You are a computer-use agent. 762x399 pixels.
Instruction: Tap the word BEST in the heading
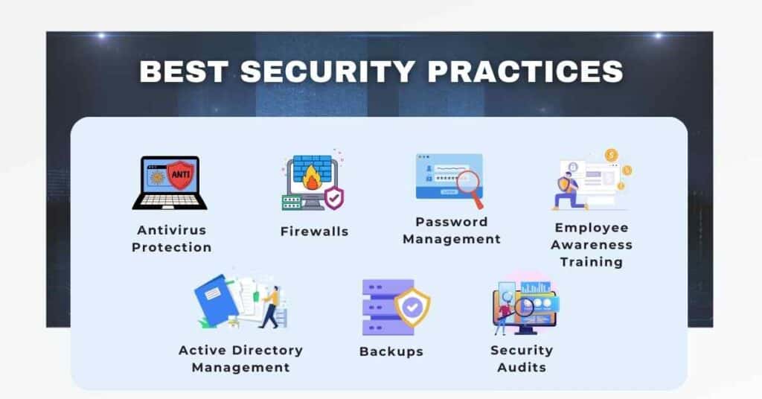185,71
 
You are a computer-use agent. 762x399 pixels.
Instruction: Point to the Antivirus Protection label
172,239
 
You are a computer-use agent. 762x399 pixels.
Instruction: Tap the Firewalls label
314,232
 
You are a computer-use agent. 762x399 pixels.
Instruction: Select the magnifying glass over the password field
468,184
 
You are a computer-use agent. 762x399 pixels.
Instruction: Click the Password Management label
451,231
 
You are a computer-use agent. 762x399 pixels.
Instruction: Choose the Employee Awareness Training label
592,245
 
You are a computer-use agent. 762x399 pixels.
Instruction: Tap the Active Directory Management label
240,358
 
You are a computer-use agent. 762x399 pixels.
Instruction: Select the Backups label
391,351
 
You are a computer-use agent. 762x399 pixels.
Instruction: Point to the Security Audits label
521,358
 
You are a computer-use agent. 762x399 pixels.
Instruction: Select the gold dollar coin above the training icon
612,155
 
